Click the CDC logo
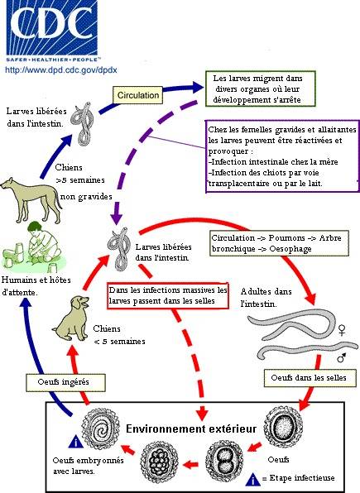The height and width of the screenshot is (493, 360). point(52,30)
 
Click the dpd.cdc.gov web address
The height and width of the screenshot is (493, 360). point(61,69)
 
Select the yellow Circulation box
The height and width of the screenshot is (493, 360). point(138,95)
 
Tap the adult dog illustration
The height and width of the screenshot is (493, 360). point(31,199)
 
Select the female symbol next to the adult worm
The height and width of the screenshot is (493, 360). point(342,330)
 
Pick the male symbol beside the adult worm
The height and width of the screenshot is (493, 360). point(342,357)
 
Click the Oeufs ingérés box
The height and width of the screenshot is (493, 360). point(65,382)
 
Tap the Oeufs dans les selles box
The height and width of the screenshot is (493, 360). point(310,378)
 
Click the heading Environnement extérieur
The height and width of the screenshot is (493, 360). point(191,428)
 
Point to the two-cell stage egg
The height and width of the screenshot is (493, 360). point(224,461)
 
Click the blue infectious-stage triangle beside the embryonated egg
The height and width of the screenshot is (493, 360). point(76,442)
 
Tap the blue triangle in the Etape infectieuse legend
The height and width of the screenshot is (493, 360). point(253,479)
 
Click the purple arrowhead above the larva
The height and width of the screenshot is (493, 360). point(117,218)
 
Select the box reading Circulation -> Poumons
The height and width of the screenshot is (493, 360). point(279,243)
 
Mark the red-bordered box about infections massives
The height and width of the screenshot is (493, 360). point(168,295)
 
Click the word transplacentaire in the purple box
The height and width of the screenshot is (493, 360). point(239,184)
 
